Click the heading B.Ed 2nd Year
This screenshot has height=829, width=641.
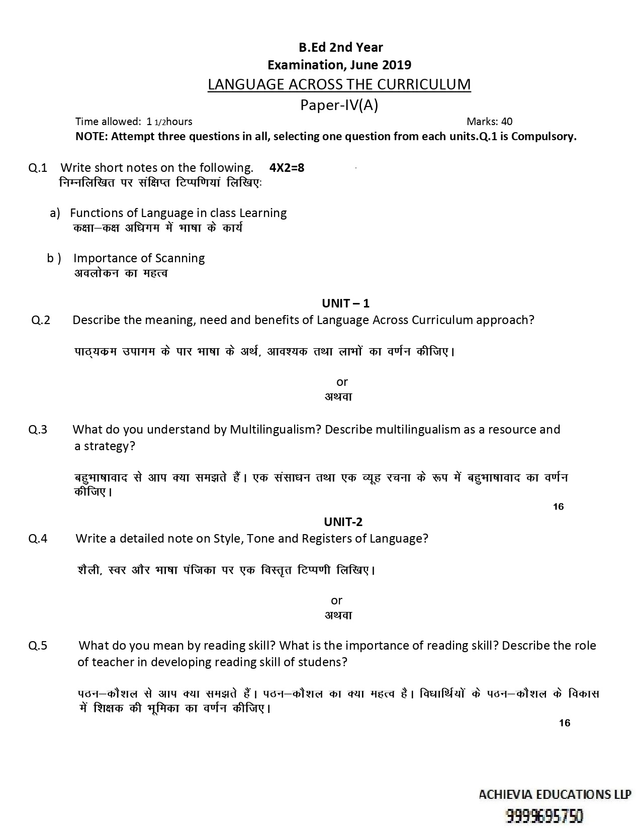point(340,47)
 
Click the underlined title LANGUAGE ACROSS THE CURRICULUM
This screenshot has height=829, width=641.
point(339,84)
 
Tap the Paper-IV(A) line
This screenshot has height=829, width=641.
point(339,105)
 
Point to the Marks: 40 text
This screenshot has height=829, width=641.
point(489,121)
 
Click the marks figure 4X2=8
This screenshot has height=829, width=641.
point(287,167)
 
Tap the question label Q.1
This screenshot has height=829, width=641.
point(38,167)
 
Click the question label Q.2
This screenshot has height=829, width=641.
point(41,320)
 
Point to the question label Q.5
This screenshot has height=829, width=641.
point(38,646)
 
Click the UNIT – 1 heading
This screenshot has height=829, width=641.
point(345,303)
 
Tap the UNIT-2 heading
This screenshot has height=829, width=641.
point(343,522)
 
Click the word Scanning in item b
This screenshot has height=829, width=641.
point(180,258)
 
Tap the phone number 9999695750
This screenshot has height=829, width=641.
point(544,815)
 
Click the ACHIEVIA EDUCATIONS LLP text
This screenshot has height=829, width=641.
point(555,794)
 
